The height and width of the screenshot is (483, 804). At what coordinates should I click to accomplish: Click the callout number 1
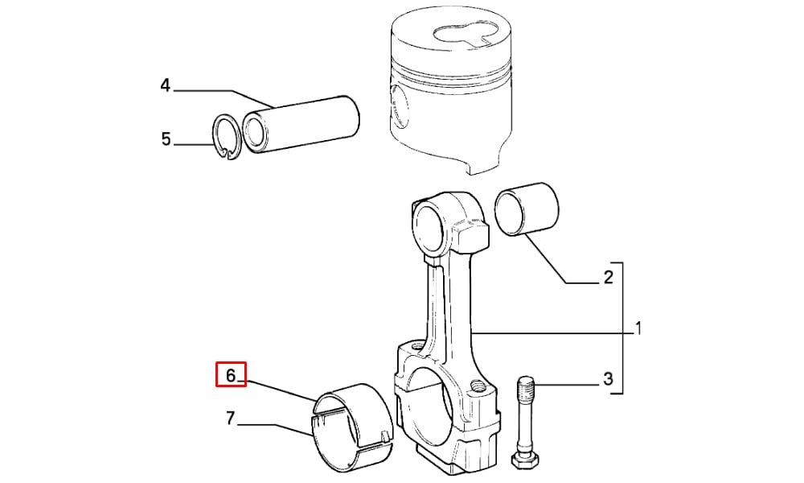point(638,328)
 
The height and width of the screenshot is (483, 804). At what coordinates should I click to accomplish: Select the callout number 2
point(608,277)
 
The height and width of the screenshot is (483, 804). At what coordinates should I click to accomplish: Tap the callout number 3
point(608,379)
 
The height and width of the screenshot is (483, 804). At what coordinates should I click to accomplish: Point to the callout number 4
point(165,85)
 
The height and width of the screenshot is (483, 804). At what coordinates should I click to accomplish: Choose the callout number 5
point(166,139)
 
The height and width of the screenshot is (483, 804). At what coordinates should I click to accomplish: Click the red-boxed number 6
point(231,375)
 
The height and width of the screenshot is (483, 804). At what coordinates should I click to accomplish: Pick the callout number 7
point(230,419)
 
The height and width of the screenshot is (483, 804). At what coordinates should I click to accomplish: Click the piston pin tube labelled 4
point(301,124)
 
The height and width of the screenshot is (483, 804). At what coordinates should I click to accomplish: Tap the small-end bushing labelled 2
point(527,209)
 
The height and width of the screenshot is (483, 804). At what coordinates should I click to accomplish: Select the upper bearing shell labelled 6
point(354,395)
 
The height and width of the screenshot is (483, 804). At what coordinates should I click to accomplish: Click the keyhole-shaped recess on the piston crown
point(462,35)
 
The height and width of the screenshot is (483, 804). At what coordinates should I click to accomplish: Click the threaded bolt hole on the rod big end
point(478,385)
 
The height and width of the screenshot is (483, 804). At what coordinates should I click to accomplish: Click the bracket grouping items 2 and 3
point(622,328)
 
